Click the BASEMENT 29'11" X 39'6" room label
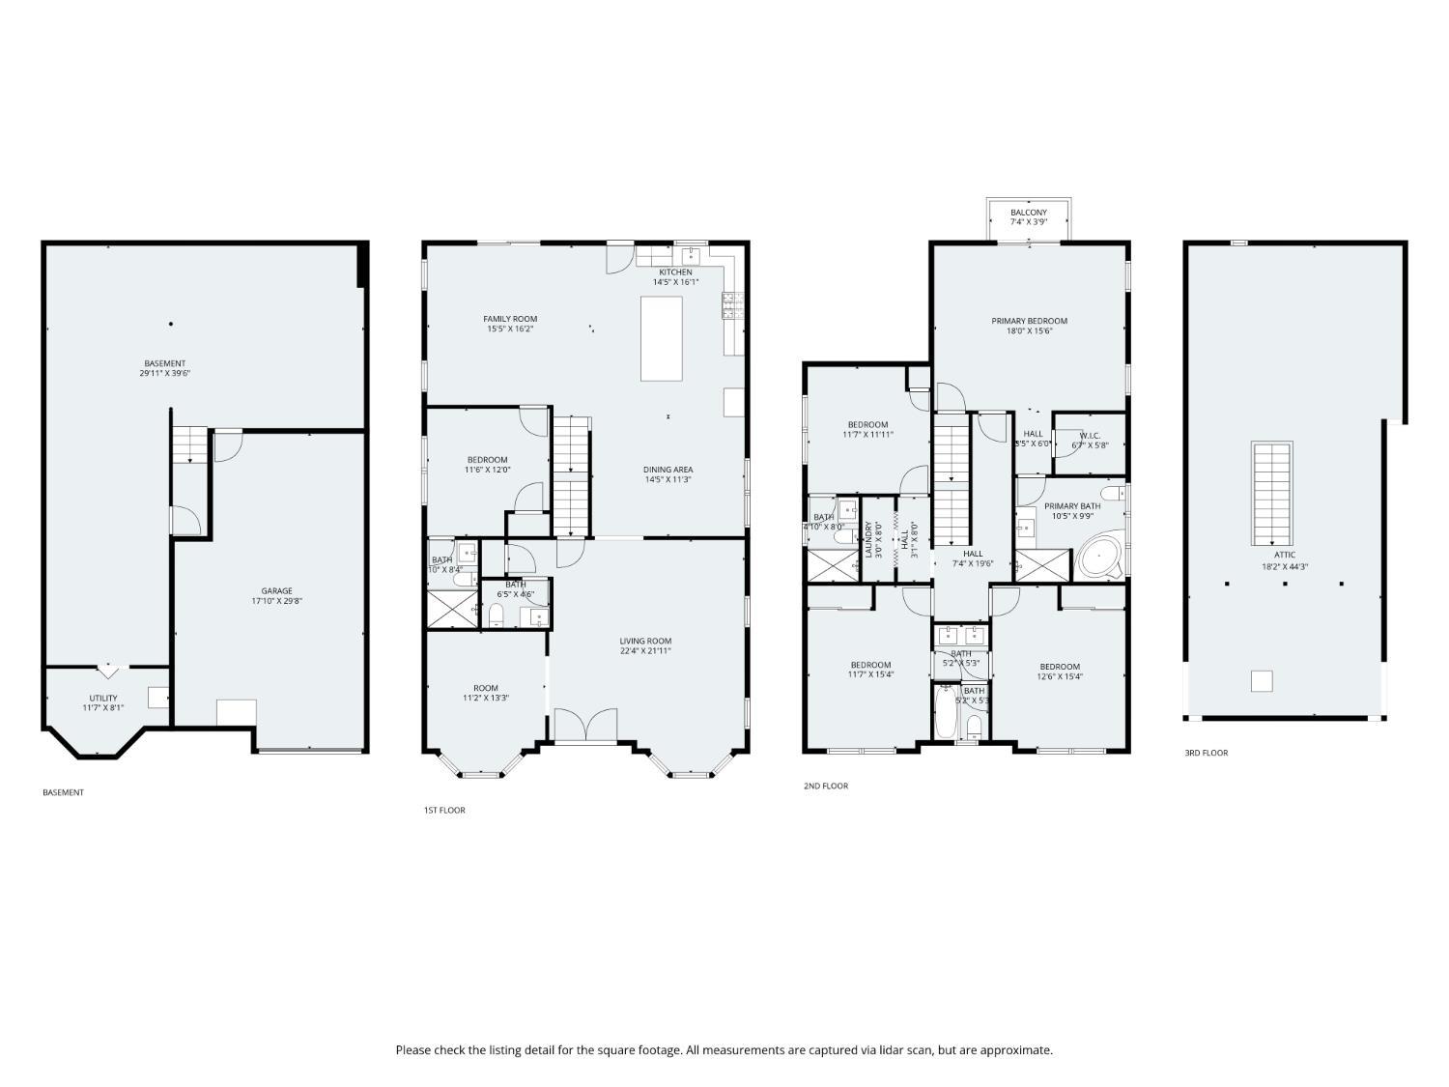pos(164,368)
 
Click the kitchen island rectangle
pos(662,338)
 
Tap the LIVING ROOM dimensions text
pos(645,651)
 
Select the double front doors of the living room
pos(587,726)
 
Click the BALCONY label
pos(1029,213)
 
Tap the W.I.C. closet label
pos(1090,436)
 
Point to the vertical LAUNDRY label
pos(868,539)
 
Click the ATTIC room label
pos(1285,555)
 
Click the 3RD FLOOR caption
pos(1206,753)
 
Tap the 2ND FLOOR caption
pos(826,786)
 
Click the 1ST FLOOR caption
pos(444,810)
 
